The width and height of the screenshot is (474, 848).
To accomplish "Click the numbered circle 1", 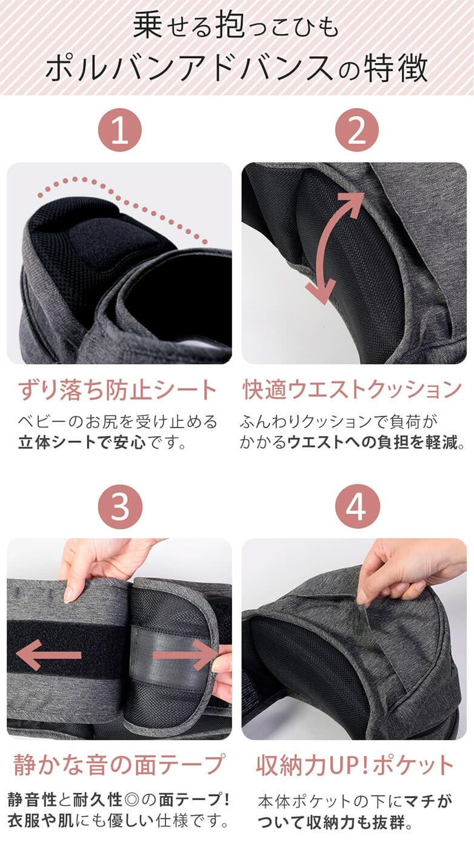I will coord(119,130).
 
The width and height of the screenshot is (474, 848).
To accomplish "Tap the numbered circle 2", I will coord(356,130).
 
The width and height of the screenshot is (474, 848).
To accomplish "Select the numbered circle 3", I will coord(119,506).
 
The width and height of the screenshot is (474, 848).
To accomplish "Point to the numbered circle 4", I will coord(356,506).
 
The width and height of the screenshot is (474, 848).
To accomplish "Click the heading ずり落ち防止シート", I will coord(118,390).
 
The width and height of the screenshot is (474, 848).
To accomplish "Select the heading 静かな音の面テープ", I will coord(118,765).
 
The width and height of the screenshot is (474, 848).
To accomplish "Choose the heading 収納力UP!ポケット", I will coord(355,765).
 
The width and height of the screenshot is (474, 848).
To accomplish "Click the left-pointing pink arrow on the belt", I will coord(48,655).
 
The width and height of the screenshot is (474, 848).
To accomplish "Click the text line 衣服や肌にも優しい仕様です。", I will coord(118,822).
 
